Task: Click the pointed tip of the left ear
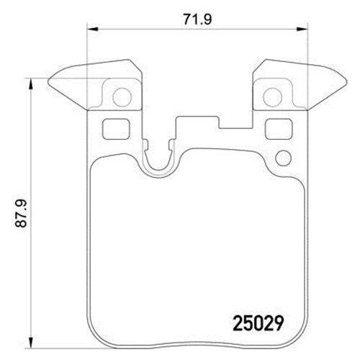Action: tap(48, 81)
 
